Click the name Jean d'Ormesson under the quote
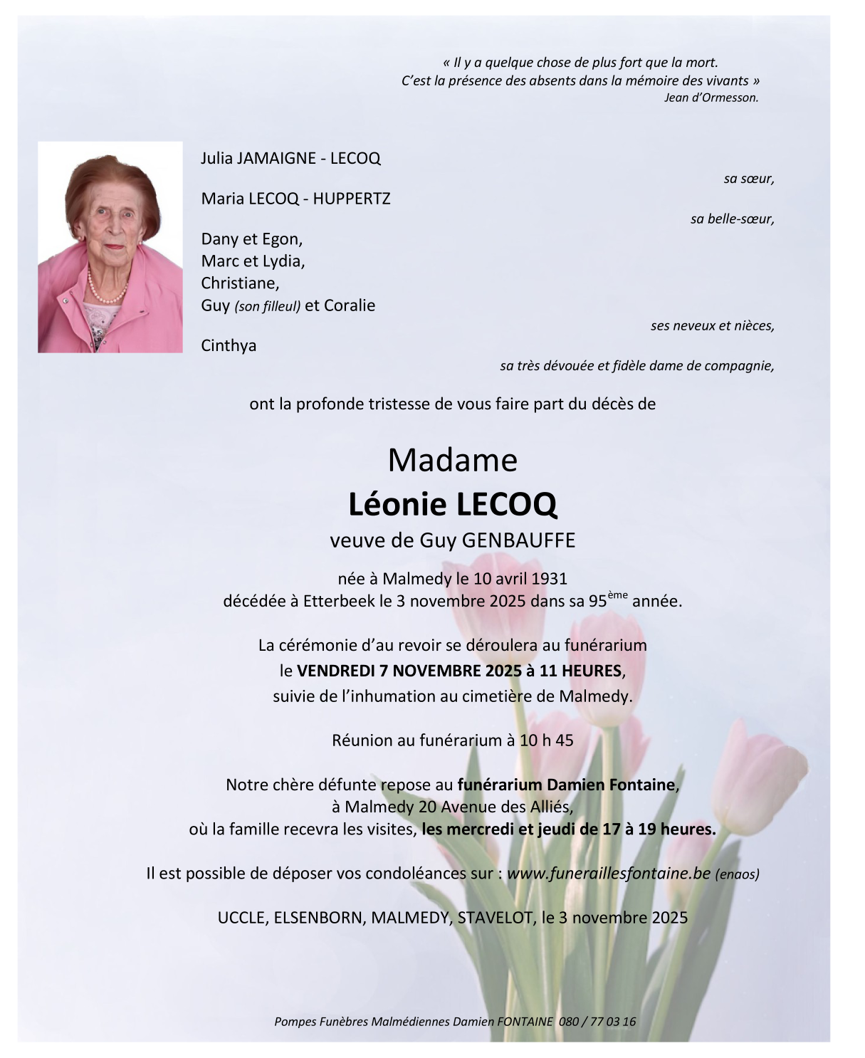(711, 98)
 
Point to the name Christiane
(240, 283)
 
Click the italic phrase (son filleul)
(267, 307)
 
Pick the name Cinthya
(229, 346)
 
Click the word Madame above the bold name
(452, 461)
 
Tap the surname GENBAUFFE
(518, 540)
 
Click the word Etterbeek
(339, 601)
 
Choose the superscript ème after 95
(618, 595)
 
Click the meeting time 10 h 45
(546, 740)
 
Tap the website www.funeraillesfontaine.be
(609, 874)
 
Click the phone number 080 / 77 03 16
(597, 1022)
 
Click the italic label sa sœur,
(748, 179)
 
